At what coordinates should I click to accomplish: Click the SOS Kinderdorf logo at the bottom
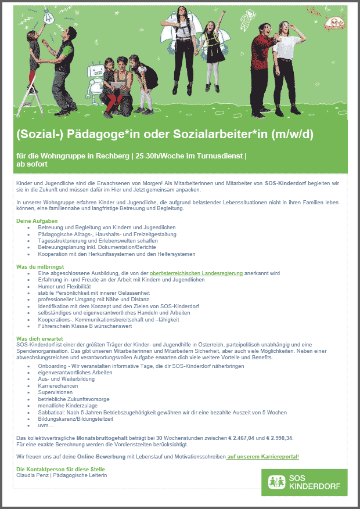304,482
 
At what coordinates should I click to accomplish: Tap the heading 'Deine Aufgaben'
37,221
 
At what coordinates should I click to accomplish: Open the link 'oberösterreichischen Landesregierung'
196,273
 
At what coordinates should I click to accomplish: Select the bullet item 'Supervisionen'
55,392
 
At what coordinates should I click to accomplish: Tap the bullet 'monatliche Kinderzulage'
67,406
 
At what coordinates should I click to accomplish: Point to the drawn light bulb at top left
37,16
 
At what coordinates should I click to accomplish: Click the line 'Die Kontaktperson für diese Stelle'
61,469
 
